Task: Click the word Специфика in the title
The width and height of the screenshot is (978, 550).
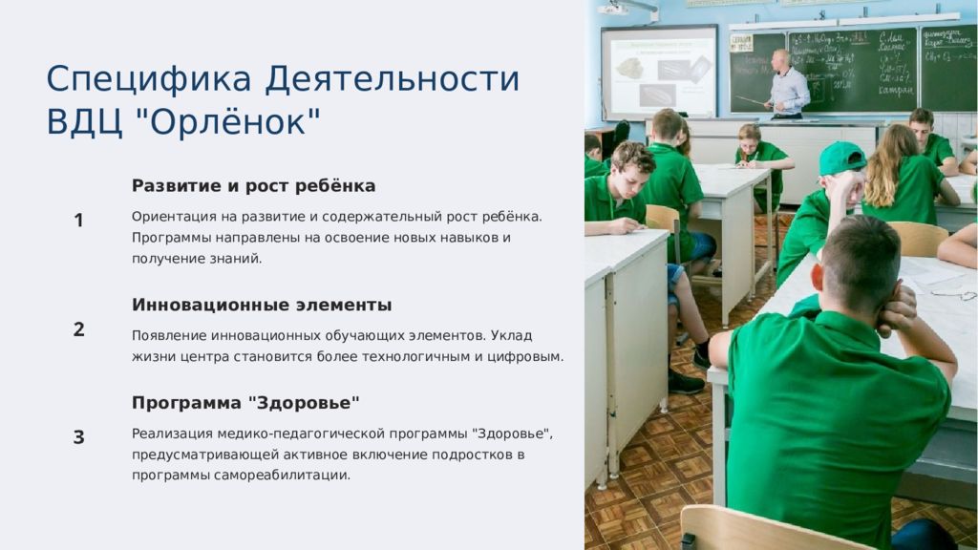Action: pyautogui.click(x=149, y=79)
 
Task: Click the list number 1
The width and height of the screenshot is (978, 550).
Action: pyautogui.click(x=78, y=221)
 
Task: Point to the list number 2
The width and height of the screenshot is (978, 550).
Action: pyautogui.click(x=78, y=329)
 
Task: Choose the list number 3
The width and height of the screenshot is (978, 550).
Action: pyautogui.click(x=78, y=437)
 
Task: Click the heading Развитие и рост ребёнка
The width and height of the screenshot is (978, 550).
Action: pyautogui.click(x=253, y=186)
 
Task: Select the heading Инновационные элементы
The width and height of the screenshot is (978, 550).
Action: pyautogui.click(x=262, y=305)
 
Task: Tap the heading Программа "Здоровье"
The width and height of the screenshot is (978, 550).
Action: pyautogui.click(x=245, y=403)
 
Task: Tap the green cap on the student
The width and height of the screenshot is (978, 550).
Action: pyautogui.click(x=841, y=158)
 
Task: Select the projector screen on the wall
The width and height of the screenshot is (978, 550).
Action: pyautogui.click(x=659, y=73)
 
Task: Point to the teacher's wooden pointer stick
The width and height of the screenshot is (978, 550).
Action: pyautogui.click(x=753, y=101)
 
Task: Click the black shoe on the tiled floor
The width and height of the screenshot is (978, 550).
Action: pyautogui.click(x=686, y=382)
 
